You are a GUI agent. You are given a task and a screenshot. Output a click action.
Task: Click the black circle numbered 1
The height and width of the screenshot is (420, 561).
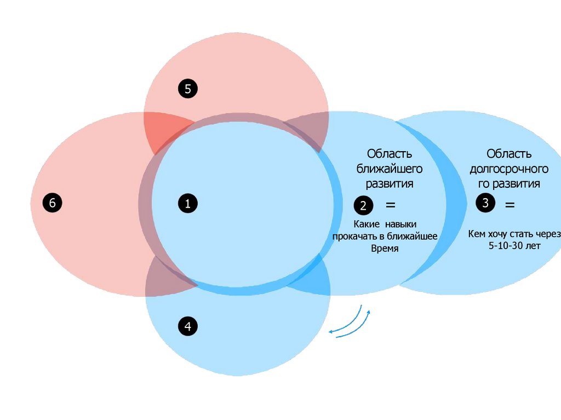pyautogui.click(x=187, y=204)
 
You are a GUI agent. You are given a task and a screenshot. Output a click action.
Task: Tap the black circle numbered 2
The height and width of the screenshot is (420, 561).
pyautogui.click(x=363, y=206)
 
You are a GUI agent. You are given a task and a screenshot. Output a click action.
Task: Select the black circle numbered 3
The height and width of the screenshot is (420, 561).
pyautogui.click(x=485, y=203)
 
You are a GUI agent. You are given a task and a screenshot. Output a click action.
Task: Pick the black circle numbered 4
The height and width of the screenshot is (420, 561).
pyautogui.click(x=187, y=327)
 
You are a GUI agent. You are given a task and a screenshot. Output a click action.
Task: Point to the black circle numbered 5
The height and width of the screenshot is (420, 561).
pyautogui.click(x=187, y=89)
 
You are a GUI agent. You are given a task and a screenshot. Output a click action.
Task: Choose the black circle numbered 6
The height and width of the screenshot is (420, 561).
pyautogui.click(x=53, y=203)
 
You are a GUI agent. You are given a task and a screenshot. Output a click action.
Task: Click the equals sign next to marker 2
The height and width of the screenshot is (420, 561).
pyautogui.click(x=390, y=205)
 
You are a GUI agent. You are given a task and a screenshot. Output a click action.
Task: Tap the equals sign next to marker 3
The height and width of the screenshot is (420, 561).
pyautogui.click(x=510, y=205)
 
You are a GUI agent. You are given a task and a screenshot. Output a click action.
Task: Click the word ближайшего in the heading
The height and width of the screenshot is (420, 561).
pyautogui.click(x=390, y=169)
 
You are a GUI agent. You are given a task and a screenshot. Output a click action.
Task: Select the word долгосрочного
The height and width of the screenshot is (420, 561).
pyautogui.click(x=509, y=169)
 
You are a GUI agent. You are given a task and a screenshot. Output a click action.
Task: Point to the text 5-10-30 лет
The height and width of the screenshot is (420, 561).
pyautogui.click(x=514, y=246)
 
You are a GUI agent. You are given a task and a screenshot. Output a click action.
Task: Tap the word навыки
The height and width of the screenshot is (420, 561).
pyautogui.click(x=400, y=224)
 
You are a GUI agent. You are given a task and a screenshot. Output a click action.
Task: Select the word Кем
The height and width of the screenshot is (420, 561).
pyautogui.click(x=477, y=234)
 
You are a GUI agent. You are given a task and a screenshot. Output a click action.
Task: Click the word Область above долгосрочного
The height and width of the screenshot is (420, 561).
pyautogui.click(x=509, y=154)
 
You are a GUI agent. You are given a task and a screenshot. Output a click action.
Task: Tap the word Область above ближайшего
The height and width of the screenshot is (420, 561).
pyautogui.click(x=390, y=154)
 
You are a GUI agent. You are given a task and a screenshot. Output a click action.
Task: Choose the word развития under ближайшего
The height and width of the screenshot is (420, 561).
pyautogui.click(x=390, y=183)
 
